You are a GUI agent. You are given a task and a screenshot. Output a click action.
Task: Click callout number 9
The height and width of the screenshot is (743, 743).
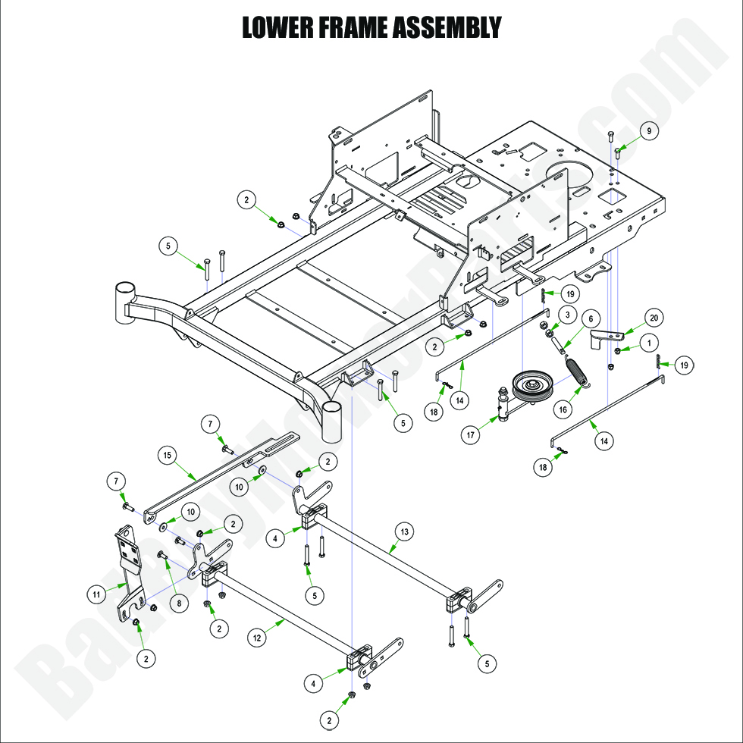point(648,131)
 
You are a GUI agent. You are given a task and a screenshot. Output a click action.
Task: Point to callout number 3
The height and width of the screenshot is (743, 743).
point(567,315)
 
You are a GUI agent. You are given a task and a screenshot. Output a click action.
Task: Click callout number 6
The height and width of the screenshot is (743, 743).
point(591,318)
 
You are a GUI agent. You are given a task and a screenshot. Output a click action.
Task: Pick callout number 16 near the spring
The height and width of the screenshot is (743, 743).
point(563,409)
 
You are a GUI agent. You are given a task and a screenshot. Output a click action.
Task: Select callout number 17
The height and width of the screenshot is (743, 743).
point(472,435)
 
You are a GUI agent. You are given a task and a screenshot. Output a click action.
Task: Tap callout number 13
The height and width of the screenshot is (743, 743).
point(404,532)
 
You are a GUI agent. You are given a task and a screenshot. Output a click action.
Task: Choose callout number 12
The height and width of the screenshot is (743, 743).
point(258,638)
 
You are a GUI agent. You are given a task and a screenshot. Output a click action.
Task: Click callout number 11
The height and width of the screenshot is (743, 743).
point(96,595)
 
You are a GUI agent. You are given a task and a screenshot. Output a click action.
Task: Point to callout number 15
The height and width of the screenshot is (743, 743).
point(168,455)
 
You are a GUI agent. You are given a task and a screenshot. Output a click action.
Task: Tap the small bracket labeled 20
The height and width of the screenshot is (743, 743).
point(603,337)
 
